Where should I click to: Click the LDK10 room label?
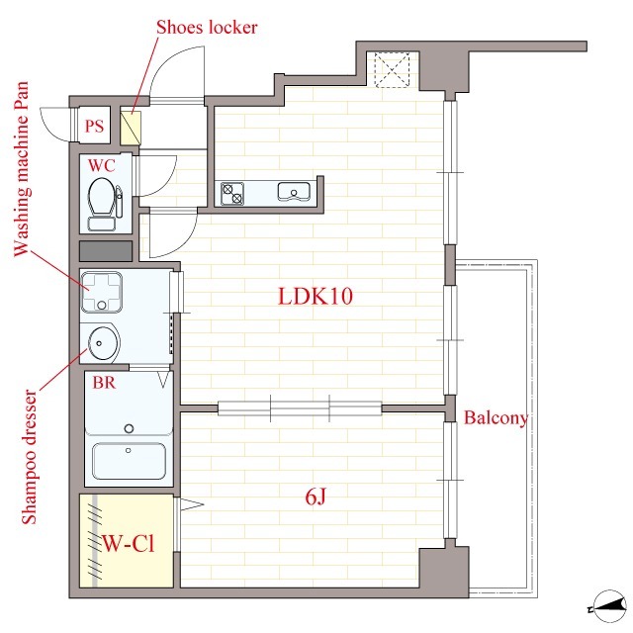point(316,296)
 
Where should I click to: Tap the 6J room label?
point(316,497)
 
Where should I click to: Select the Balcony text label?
point(496,417)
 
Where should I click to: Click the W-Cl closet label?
point(129,543)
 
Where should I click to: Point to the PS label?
point(94,127)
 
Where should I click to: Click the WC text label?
point(101,165)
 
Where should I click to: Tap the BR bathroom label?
point(104,383)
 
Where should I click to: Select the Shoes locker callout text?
point(207,27)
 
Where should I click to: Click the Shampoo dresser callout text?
point(29,456)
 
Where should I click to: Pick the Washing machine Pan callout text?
point(22,169)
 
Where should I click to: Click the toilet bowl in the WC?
point(101,197)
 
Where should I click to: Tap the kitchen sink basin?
point(294,192)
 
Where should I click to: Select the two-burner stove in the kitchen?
point(232,194)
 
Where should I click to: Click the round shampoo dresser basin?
point(104,343)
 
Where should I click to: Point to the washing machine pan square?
point(101,293)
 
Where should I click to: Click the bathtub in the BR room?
point(129,461)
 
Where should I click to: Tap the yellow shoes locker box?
point(131,128)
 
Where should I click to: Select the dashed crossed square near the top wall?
point(392,70)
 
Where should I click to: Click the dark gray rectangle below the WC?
point(106,251)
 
